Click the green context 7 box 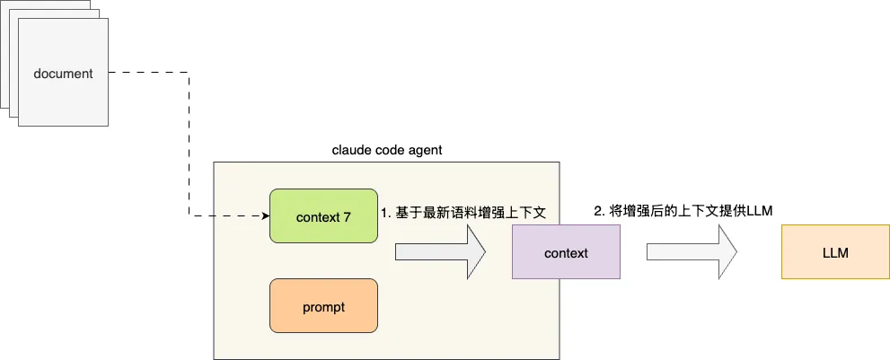pos(323,216)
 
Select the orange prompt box pos(323,306)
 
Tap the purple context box pos(566,253)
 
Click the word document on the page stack pos(63,74)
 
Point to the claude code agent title pos(387,149)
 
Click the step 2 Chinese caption pos(683,210)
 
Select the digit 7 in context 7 pos(347,216)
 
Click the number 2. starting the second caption pos(600,210)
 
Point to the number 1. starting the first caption pos(385,213)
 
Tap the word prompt pos(323,306)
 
